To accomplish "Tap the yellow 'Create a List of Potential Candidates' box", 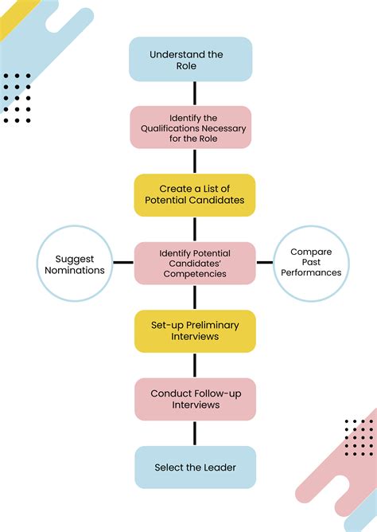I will (195, 195).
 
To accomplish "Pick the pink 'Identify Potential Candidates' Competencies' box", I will (195, 263).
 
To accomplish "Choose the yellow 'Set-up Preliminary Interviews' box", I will (195, 331).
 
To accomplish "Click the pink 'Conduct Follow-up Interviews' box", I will (195, 399).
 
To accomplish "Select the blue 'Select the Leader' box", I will (195, 467).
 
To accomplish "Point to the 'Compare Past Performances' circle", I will (311, 263).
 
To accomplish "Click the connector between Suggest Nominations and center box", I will (123, 263).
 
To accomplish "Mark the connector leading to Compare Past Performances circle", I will (264, 263).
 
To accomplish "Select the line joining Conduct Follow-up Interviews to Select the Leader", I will (195, 433).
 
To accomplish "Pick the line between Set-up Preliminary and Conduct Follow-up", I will (195, 365).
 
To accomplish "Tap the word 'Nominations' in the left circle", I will (80, 270).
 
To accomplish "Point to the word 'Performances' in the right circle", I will (311, 272).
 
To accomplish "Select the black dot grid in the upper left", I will (17, 98).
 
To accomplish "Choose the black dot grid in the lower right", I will (360, 438).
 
